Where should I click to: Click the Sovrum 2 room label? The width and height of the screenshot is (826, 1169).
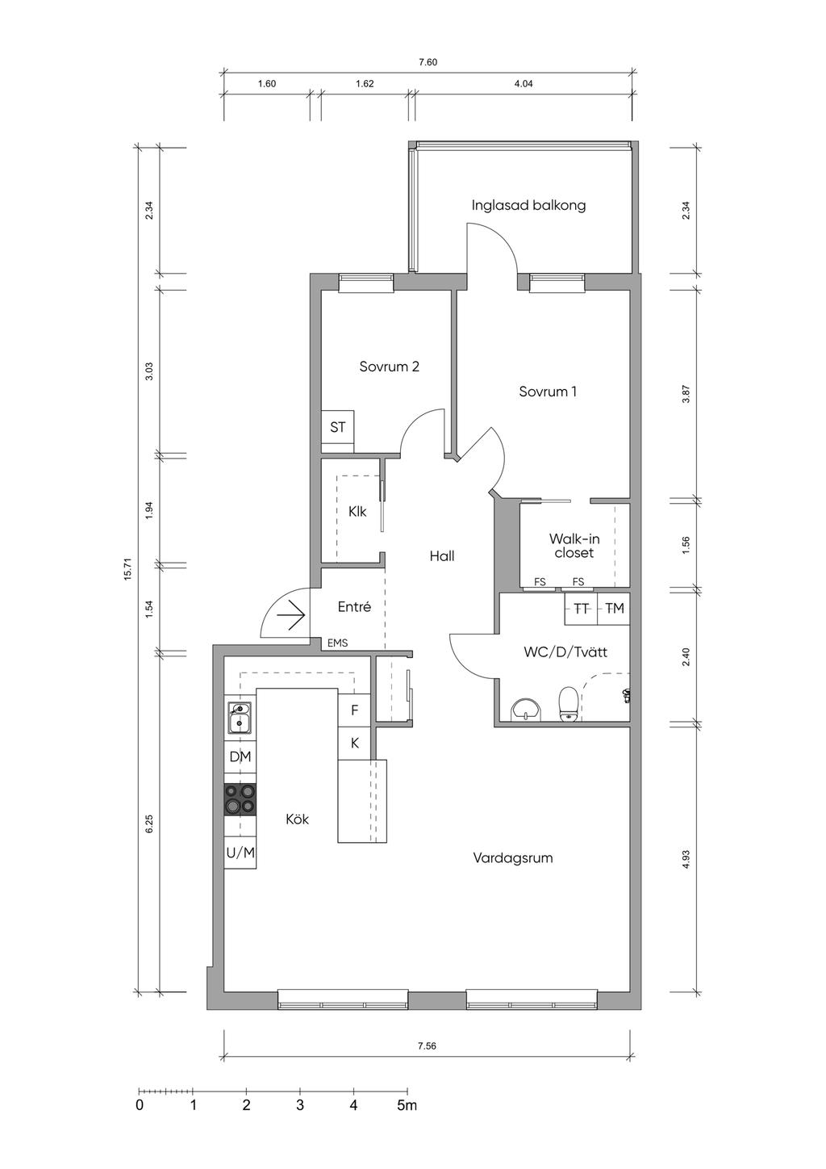coord(389,367)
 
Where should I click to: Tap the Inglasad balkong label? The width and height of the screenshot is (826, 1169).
coord(528,205)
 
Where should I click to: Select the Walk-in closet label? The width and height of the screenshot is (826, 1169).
coord(574,546)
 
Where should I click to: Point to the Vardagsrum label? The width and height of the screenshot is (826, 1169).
coord(512,858)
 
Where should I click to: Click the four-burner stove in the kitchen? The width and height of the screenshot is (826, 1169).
coord(240,799)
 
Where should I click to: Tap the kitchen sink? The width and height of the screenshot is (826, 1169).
coord(240,718)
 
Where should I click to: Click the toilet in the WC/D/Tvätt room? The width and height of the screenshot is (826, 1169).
coord(568,704)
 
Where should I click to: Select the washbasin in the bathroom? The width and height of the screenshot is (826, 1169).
coord(528,710)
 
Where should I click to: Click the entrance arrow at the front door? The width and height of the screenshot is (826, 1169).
coord(291,616)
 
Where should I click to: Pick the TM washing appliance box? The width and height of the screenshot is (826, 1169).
coord(614,609)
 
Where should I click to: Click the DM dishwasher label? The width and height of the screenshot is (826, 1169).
coord(240,756)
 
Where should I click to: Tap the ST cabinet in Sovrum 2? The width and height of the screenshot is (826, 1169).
coord(337,427)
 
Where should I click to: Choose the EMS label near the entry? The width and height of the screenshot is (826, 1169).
coord(337,643)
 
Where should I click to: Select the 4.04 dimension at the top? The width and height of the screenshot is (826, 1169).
coord(524,83)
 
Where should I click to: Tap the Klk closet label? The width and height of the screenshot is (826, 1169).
coord(357,512)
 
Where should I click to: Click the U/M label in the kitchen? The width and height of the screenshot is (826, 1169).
coord(240,853)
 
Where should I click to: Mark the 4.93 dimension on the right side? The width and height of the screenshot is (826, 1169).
coord(686,859)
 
